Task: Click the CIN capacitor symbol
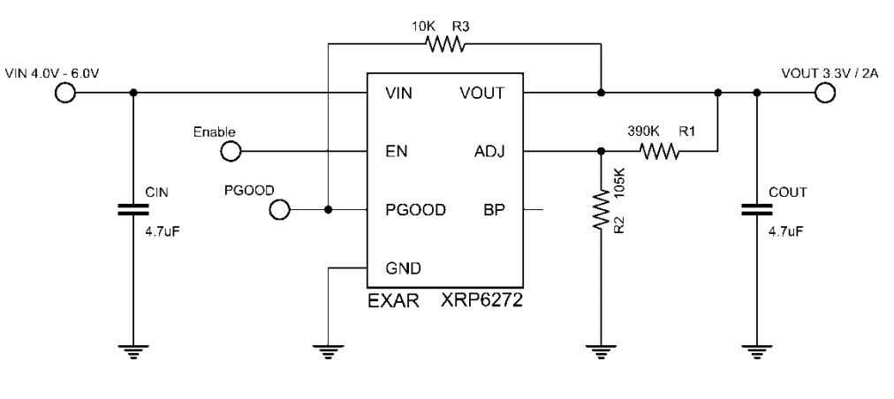pyautogui.click(x=133, y=210)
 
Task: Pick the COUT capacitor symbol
pyautogui.click(x=757, y=210)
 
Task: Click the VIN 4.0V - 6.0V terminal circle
pyautogui.click(x=64, y=93)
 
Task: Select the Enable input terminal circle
pyautogui.click(x=231, y=152)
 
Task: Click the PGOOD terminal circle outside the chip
pyautogui.click(x=280, y=210)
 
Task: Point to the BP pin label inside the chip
pyautogui.click(x=495, y=210)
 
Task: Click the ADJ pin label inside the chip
pyautogui.click(x=489, y=152)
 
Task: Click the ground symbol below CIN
pyautogui.click(x=133, y=351)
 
